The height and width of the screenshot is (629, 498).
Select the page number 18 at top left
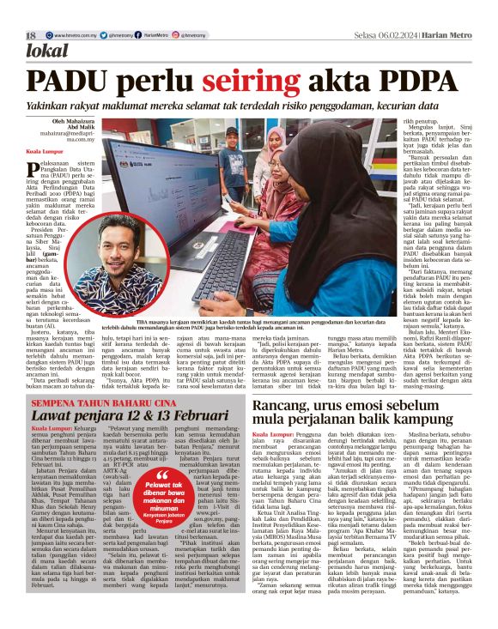tap(31, 34)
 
